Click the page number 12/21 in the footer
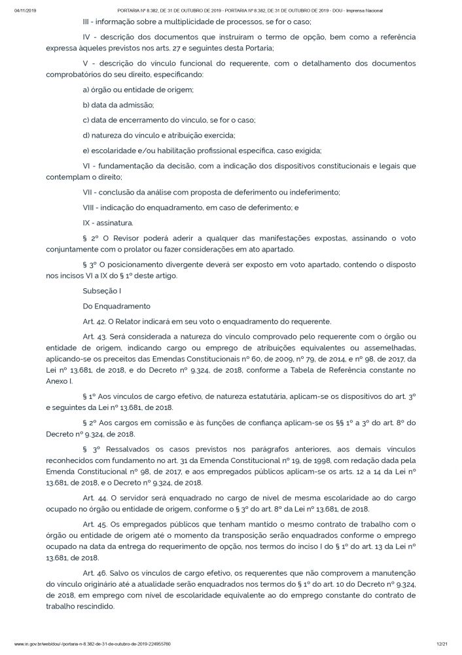tap(442, 644)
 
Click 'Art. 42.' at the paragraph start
tap(94, 321)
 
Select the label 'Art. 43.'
tap(94, 337)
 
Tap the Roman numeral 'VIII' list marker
tap(90, 208)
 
